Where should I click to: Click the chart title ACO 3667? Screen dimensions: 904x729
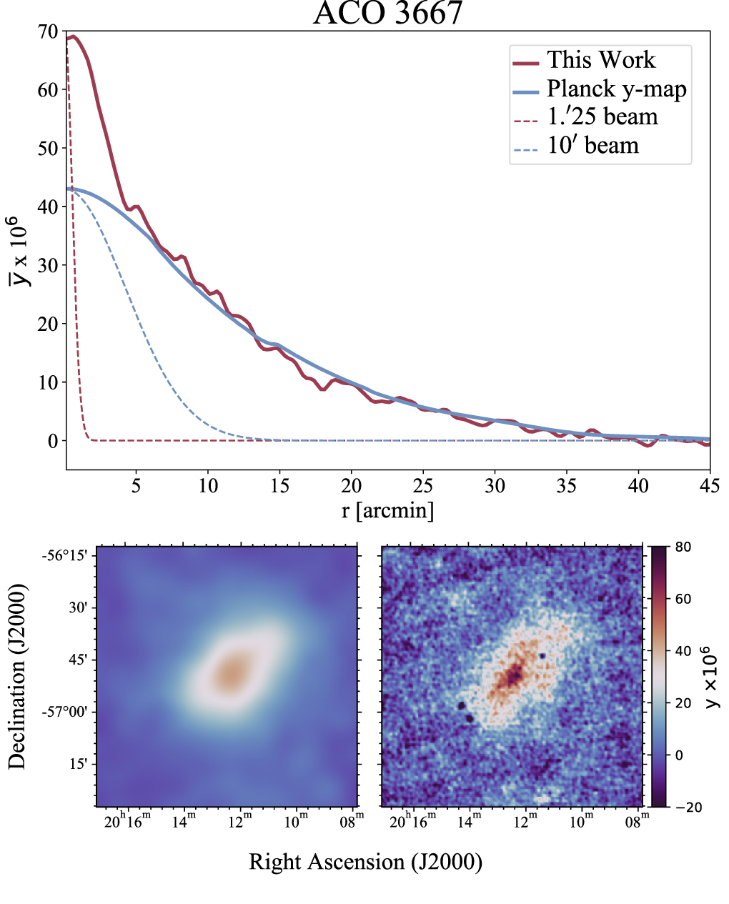[387, 14]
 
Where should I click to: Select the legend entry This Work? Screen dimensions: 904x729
[600, 60]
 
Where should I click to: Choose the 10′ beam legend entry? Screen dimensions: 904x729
[592, 145]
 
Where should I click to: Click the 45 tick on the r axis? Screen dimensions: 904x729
[710, 486]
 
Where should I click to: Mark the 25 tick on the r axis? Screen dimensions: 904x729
[423, 486]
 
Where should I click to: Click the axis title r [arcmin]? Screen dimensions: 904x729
[387, 510]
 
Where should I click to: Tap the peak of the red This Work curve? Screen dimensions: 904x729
[72, 36]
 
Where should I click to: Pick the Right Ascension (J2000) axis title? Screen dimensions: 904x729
[365, 862]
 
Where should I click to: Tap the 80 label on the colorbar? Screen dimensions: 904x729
[683, 547]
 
